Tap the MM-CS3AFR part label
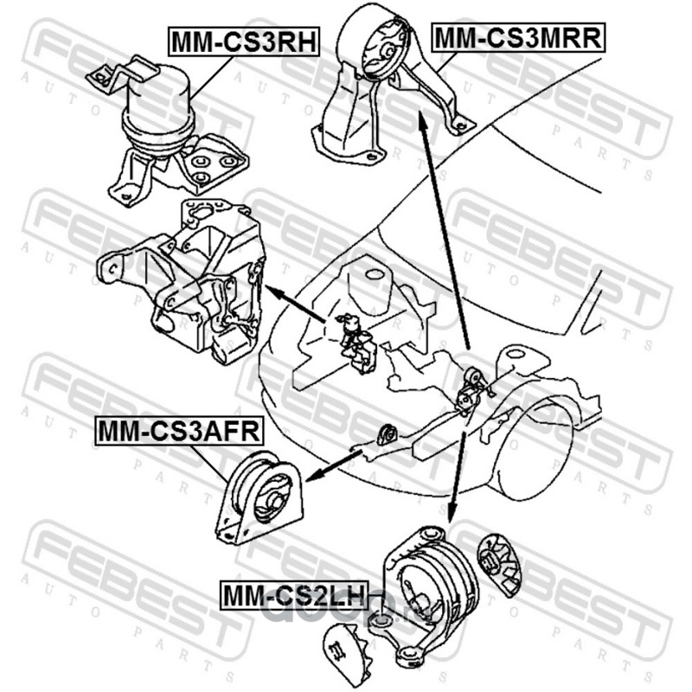169,430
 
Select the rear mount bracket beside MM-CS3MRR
385,86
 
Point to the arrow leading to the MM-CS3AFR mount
333,464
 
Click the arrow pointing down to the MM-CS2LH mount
458,467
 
